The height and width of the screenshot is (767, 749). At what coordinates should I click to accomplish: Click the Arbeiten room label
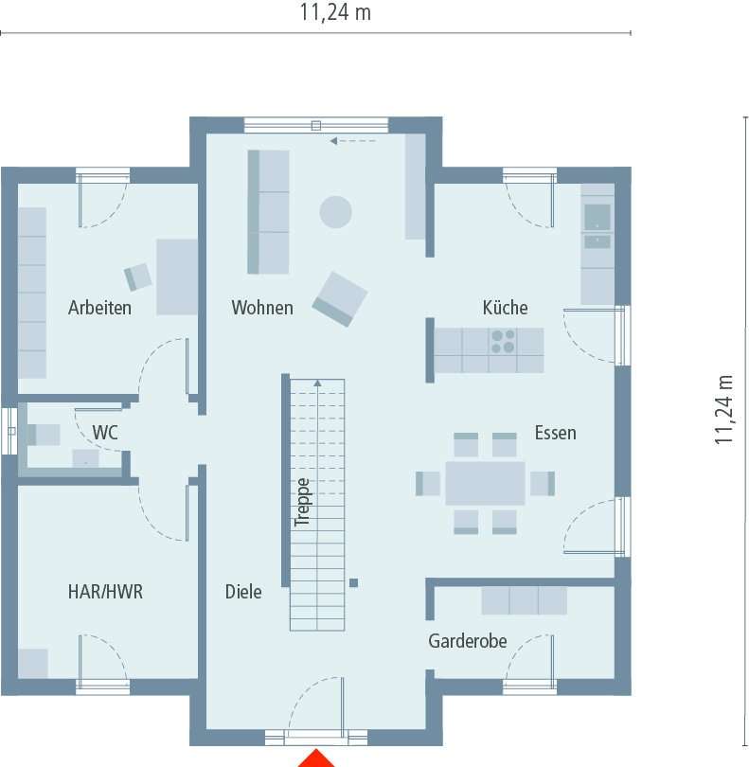coord(99,308)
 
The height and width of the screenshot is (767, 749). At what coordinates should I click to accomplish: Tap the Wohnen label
coord(262,308)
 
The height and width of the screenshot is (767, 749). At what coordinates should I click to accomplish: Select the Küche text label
coord(505,308)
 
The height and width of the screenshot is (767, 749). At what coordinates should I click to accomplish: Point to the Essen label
coord(555,433)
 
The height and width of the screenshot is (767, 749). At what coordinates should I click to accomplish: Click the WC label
coord(104,433)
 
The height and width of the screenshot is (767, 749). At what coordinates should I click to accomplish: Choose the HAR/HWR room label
coord(105,592)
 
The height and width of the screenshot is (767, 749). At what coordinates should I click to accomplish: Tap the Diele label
coord(243,592)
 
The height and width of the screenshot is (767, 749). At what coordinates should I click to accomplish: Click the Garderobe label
coord(467,641)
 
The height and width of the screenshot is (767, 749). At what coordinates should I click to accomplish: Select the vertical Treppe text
coord(302,502)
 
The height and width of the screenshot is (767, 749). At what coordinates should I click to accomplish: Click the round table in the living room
coord(335,211)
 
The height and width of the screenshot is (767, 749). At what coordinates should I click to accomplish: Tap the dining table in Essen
coord(485,483)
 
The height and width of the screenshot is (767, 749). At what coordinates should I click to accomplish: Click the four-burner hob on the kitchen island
coord(503,341)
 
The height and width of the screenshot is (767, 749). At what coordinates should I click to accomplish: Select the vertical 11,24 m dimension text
coord(724,409)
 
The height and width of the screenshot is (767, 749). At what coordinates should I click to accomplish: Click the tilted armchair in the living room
coord(340,298)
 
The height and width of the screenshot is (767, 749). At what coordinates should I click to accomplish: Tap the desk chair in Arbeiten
coord(138,276)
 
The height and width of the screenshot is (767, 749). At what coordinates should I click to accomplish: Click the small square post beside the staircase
coord(353,583)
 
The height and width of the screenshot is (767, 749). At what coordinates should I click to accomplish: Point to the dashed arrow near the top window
coord(352,142)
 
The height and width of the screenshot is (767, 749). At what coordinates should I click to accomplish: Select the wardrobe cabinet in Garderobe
coord(524,600)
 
